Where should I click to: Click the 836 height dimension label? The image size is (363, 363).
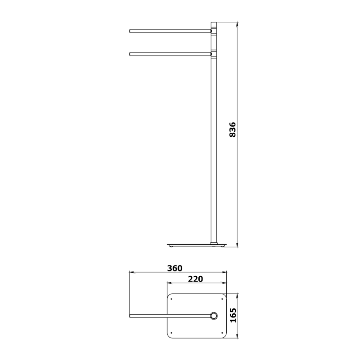232,129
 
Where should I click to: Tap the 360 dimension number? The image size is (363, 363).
175,268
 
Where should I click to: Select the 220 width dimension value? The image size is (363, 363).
195,279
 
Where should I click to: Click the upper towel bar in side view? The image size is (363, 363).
170,31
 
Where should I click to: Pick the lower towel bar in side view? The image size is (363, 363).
170,54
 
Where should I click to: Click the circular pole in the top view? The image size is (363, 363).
214,316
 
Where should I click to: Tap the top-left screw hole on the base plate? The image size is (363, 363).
171,299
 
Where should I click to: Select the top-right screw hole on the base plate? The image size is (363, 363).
222,299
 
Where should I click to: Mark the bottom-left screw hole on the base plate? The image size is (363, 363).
171,333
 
